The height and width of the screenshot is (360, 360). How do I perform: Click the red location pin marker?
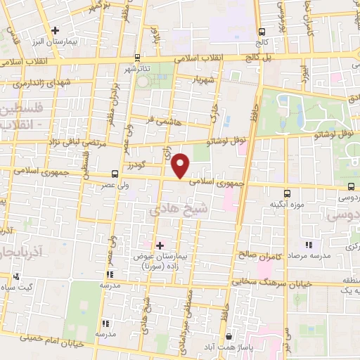coord(181,165)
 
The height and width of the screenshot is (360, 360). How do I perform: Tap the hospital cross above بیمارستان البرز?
coord(55,30)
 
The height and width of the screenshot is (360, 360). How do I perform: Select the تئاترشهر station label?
coord(137,69)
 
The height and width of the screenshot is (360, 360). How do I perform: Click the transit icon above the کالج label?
coord(262,32)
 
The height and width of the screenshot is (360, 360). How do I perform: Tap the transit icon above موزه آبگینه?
coord(287,193)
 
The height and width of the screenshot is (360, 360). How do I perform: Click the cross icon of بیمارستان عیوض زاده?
coord(160,245)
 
